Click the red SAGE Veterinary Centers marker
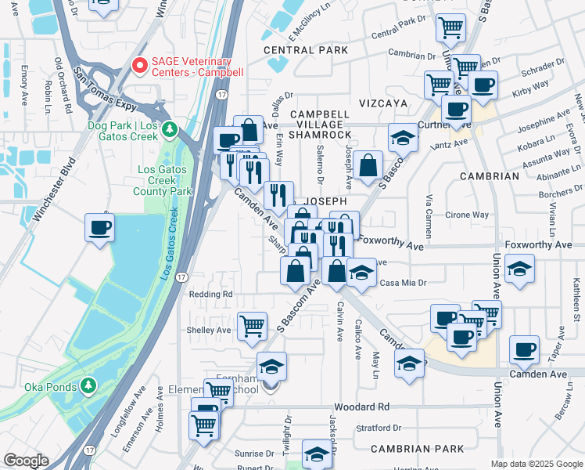click(x=141, y=66)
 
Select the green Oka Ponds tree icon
click(x=88, y=386)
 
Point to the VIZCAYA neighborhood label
click(x=383, y=103)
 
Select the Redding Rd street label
click(x=211, y=294)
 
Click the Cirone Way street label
click(x=467, y=215)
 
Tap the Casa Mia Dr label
click(x=403, y=283)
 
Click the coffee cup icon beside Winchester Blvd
click(x=99, y=228)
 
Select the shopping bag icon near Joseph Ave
click(x=367, y=166)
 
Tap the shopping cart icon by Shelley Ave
click(x=252, y=324)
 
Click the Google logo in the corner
click(x=27, y=461)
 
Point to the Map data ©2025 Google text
click(x=536, y=464)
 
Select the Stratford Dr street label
click(x=377, y=428)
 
